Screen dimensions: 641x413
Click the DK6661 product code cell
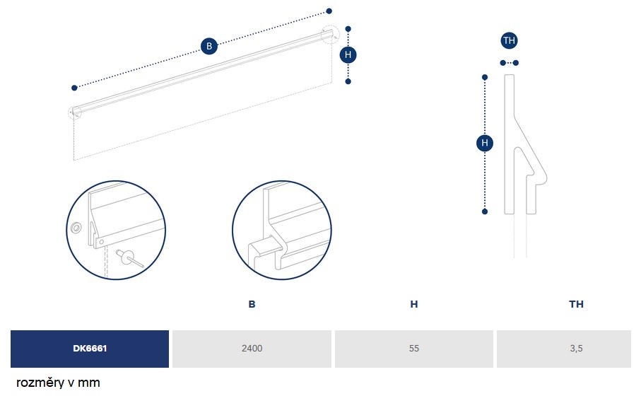coord(90,349)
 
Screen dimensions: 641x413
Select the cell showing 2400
coord(252,349)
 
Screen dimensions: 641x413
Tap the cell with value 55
coord(414,349)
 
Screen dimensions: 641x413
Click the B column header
coord(252,304)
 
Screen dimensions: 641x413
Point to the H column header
coord(414,304)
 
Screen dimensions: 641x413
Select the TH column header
coord(576,304)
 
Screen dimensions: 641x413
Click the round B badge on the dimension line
coord(209,46)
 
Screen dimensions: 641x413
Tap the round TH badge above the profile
coord(509,40)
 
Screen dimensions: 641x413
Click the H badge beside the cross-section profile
coord(485,143)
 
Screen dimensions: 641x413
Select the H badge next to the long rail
coord(348,54)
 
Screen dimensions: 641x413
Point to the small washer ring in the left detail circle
coord(76,228)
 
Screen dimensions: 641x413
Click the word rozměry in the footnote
coord(40,383)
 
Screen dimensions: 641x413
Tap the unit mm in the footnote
coord(89,383)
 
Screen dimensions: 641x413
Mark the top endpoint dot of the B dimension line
coord(329,11)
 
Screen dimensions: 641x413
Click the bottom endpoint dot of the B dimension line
coord(74,88)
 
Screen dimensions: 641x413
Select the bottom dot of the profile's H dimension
coord(485,211)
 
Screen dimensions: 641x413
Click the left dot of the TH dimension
coord(502,63)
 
